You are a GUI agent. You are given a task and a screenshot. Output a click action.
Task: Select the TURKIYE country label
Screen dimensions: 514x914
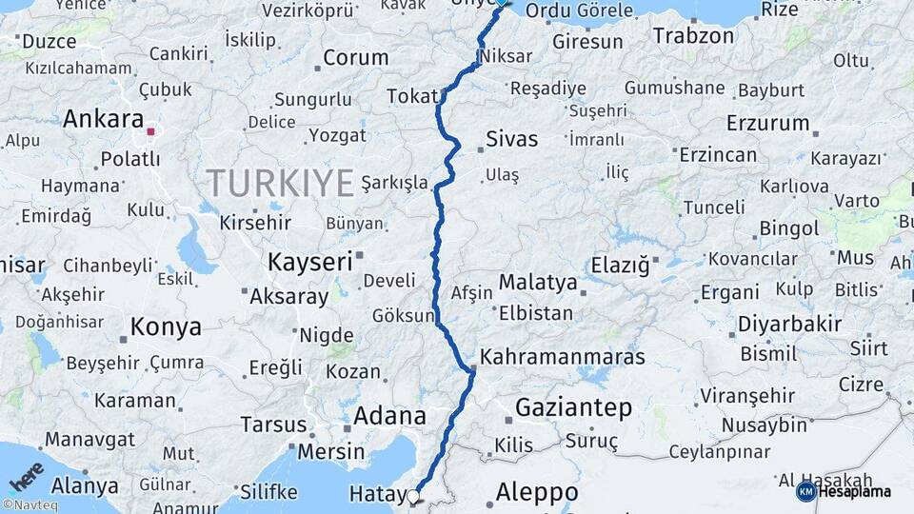pos(280,182)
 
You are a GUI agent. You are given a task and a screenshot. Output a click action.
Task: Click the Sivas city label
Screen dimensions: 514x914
pos(511,139)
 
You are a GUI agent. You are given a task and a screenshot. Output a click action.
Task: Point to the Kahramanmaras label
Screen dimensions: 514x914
pos(563,358)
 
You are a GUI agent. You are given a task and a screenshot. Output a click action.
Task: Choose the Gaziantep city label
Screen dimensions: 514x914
pos(573,408)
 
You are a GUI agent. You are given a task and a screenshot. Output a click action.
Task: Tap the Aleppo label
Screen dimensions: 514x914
pos(537,492)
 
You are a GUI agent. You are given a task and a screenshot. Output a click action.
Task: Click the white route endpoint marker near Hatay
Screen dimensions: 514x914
pos(413,496)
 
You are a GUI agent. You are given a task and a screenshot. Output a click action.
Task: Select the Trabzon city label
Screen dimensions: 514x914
pos(693,37)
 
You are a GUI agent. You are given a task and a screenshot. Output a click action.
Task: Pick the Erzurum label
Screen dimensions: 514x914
pos(767,124)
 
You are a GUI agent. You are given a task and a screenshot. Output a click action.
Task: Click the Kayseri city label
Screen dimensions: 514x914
pos(309,260)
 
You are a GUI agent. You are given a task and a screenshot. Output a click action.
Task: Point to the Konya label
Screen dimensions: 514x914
pos(166,327)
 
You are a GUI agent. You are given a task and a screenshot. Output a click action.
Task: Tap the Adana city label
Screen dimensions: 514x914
pos(389,416)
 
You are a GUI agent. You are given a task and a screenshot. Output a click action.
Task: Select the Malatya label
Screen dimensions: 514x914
pos(538,283)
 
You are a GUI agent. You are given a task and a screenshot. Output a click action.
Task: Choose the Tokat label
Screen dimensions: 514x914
pos(411,96)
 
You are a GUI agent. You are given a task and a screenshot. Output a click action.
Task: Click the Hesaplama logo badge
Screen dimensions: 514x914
pos(844,491)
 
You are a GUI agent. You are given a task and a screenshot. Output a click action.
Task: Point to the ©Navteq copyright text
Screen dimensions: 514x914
pos(30,505)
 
